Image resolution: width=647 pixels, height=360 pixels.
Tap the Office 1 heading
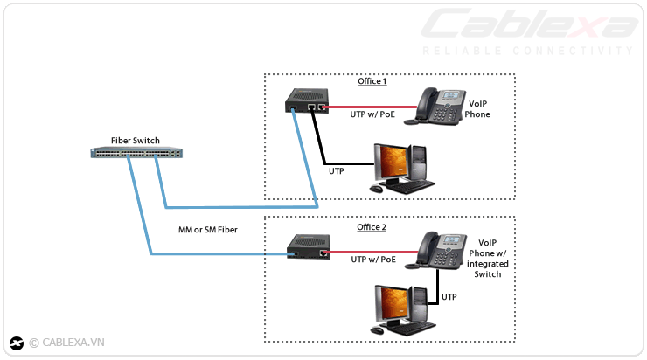click(x=372, y=81)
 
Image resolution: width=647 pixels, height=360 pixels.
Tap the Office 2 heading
click(x=372, y=227)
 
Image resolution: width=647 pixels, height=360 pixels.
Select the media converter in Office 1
click(x=307, y=102)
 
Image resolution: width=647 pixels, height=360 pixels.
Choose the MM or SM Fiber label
click(x=206, y=230)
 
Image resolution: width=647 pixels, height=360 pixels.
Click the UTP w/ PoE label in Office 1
click(x=374, y=115)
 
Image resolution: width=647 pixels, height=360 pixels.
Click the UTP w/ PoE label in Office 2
click(x=374, y=260)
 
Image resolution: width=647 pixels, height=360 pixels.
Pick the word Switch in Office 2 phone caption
click(x=488, y=274)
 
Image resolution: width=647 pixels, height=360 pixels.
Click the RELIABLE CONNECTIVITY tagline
click(x=527, y=51)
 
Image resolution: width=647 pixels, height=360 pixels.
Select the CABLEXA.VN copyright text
click(x=67, y=343)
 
